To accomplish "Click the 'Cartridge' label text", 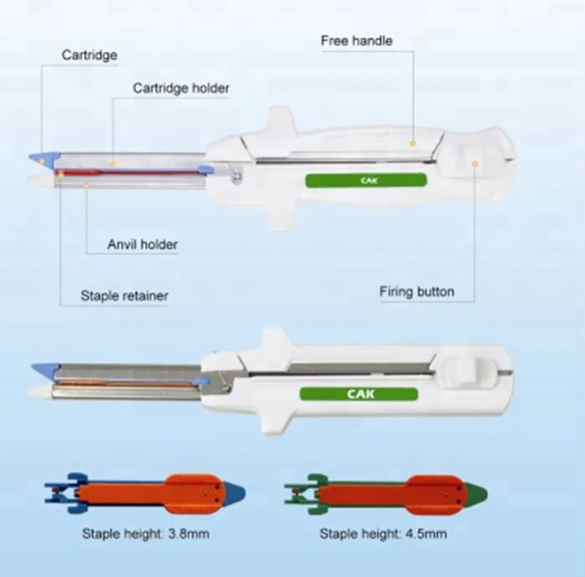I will [89, 56].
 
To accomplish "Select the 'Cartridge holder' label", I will [181, 88].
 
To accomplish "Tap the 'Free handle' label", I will [356, 40].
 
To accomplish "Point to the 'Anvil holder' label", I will [142, 244].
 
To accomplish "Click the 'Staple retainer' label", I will [124, 295].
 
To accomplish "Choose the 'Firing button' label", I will [416, 292].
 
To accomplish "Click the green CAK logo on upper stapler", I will [366, 180].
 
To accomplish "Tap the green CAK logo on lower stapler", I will [360, 394].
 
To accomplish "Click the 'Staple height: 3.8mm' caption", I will [145, 534].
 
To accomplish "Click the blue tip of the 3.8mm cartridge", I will [236, 491].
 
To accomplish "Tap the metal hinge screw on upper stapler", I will [238, 175].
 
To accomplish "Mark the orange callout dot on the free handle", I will [412, 144].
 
